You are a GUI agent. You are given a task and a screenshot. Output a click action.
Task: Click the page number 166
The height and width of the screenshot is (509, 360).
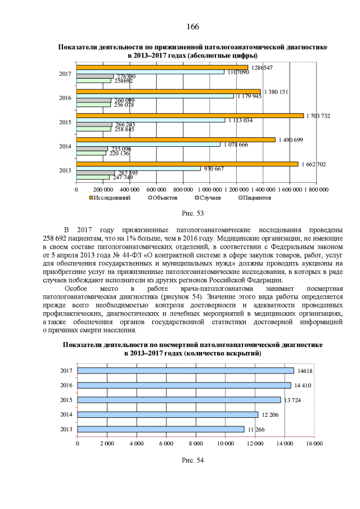(191, 27)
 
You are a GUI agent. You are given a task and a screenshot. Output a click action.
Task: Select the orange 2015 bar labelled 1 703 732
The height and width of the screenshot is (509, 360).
(190, 116)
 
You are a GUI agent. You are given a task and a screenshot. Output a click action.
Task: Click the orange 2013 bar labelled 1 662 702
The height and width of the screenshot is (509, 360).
(187, 164)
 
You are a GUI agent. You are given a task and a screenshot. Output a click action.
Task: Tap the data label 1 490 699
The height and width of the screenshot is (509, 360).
(290, 139)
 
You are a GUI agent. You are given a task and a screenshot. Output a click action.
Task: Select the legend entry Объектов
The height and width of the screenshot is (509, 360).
(164, 198)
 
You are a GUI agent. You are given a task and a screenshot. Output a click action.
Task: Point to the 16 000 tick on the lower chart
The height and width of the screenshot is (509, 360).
(314, 443)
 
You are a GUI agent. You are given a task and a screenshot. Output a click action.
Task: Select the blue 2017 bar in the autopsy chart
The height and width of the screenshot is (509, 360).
(186, 371)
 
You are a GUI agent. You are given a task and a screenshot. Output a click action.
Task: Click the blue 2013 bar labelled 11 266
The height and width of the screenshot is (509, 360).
(161, 429)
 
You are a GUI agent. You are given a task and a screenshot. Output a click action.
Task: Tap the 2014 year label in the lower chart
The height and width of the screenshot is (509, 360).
(66, 415)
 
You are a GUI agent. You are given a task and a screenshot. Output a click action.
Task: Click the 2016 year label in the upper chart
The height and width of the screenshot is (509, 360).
(65, 98)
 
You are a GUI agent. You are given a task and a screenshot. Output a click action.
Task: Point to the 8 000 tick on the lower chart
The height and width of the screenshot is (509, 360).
(196, 443)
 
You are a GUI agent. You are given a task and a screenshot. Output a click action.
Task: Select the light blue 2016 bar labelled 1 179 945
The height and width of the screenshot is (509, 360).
(155, 96)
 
